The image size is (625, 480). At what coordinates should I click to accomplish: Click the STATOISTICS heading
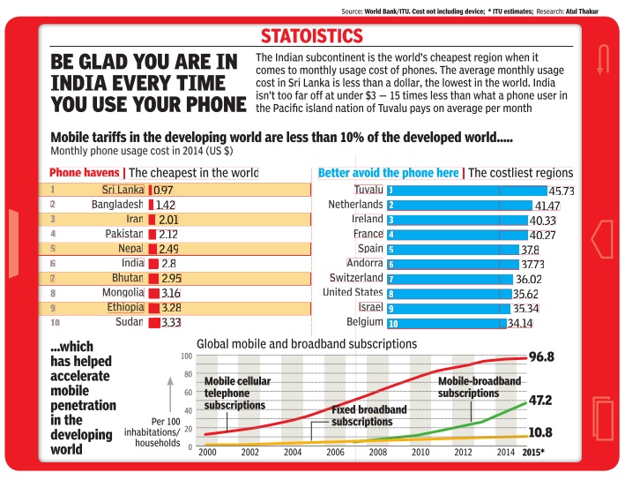(311, 36)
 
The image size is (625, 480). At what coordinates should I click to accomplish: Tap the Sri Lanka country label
(123, 189)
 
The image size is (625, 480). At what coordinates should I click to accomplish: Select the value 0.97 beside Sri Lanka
(164, 190)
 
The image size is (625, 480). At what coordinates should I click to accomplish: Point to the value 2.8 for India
(168, 263)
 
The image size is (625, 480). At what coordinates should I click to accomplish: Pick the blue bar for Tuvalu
(465, 190)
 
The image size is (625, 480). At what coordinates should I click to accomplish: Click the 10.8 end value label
(540, 433)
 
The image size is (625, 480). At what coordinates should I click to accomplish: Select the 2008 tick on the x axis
(377, 453)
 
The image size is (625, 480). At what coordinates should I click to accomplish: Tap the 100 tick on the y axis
(186, 356)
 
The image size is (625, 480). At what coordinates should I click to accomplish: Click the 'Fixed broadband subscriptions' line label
(368, 416)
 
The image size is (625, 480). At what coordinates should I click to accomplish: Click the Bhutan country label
(127, 278)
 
